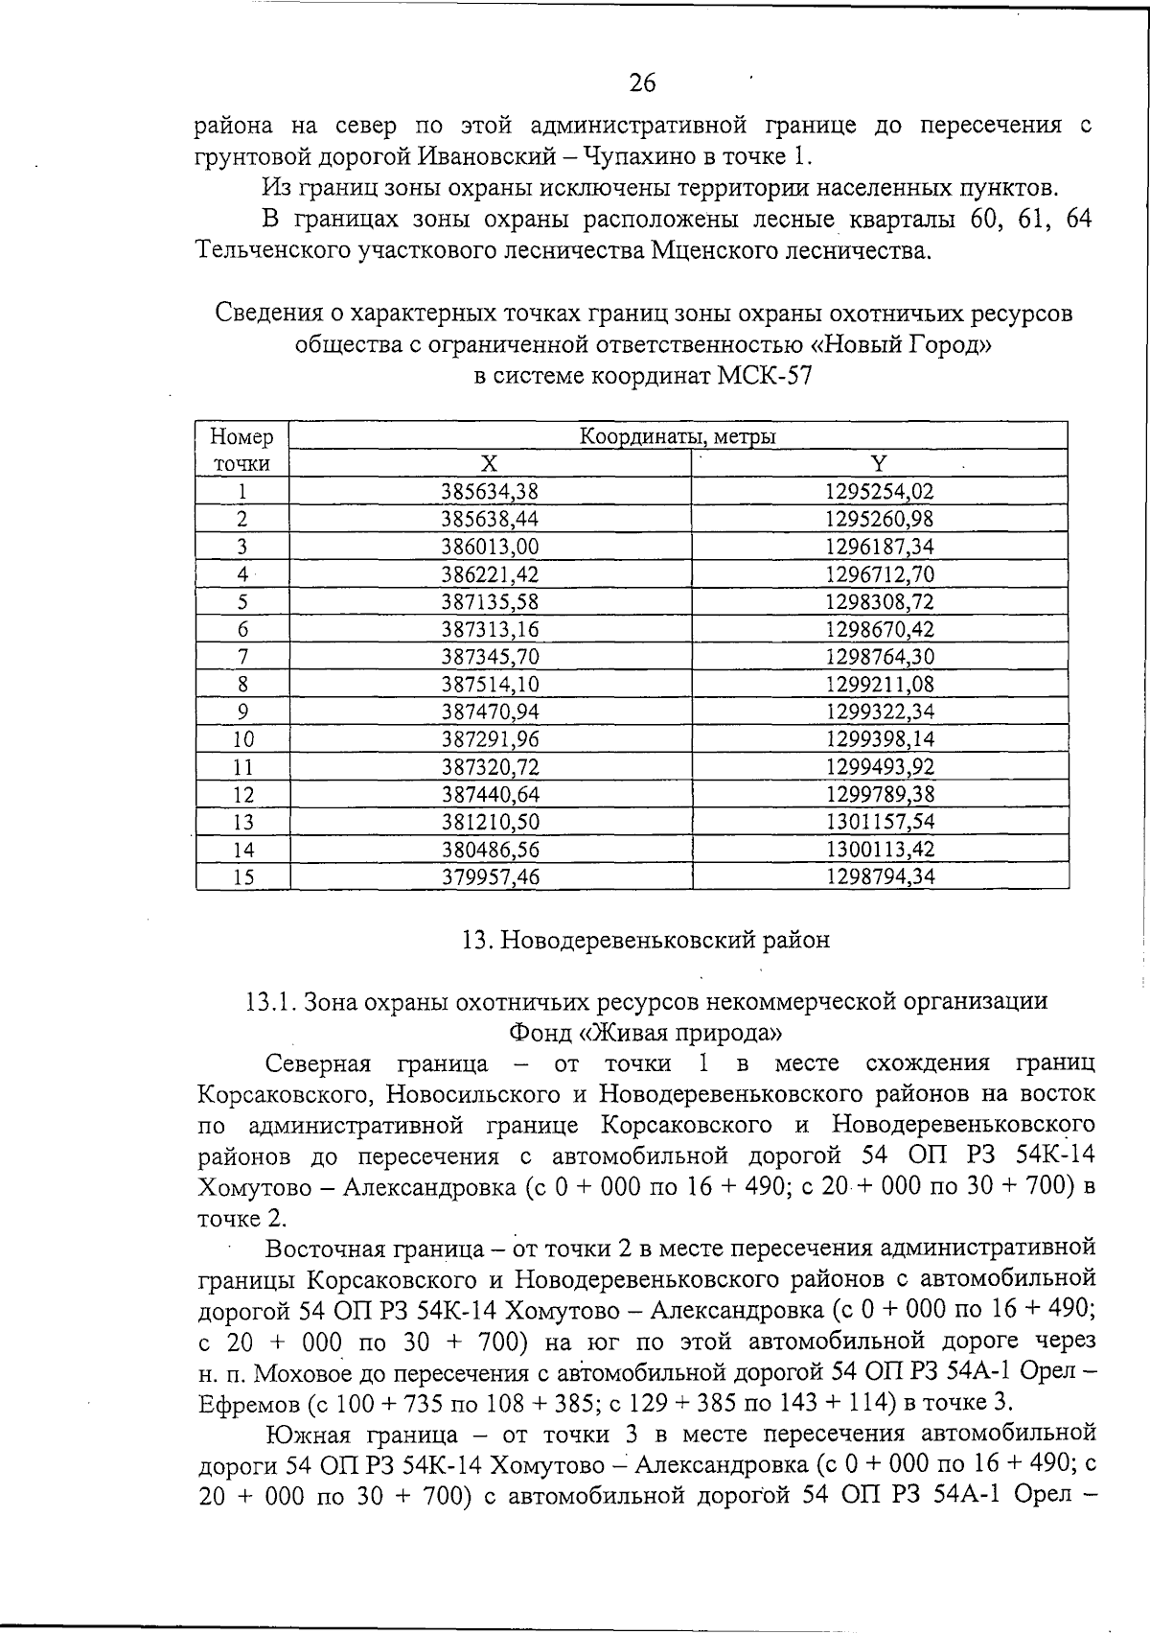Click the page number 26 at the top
643,83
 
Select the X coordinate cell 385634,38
490,492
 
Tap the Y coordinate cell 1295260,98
879,520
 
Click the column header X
490,464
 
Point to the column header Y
879,464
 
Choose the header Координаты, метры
678,437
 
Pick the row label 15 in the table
243,876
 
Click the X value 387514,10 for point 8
490,685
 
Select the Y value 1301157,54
879,822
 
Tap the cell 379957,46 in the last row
490,876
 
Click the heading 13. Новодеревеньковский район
645,940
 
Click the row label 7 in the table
243,657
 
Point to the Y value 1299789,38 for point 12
879,794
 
